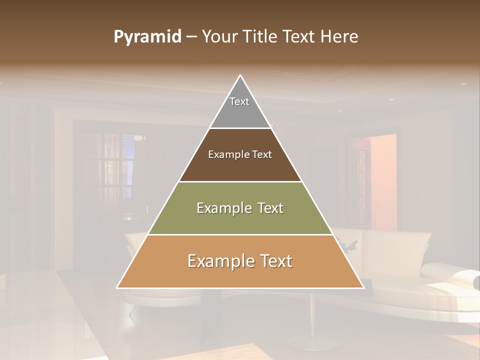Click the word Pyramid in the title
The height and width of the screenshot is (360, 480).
(147, 37)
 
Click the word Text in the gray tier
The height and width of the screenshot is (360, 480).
(239, 101)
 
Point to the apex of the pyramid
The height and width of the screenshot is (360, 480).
(240, 76)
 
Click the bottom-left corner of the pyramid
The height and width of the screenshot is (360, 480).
(117, 287)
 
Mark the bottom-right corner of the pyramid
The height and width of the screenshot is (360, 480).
(363, 287)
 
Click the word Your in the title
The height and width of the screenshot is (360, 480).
(220, 37)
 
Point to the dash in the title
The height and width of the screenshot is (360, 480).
(191, 37)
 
